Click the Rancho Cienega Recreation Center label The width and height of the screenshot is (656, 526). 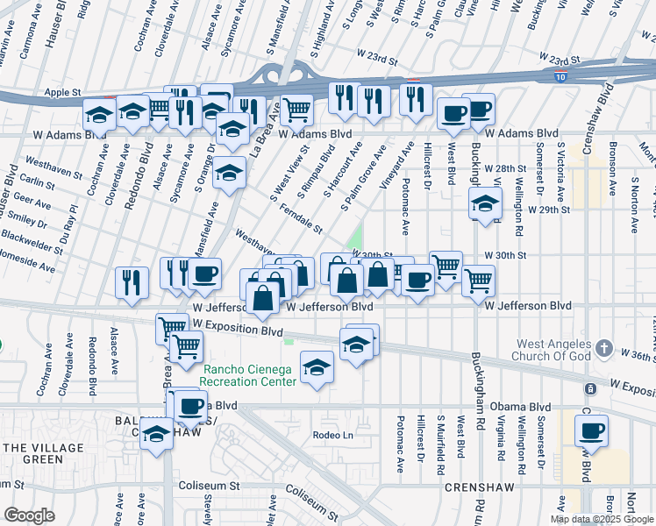click(x=248, y=374)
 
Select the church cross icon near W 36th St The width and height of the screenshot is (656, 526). click(x=603, y=349)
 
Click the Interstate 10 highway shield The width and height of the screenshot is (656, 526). click(x=560, y=77)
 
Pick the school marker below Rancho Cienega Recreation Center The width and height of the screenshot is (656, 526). click(x=317, y=367)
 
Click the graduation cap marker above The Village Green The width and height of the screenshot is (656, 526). click(x=157, y=434)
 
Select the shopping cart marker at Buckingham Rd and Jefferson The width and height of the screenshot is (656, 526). click(x=478, y=281)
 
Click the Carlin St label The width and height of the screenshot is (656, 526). click(x=38, y=181)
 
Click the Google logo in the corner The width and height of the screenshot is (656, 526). click(x=30, y=515)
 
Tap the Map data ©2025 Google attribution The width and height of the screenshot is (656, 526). click(x=602, y=519)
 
